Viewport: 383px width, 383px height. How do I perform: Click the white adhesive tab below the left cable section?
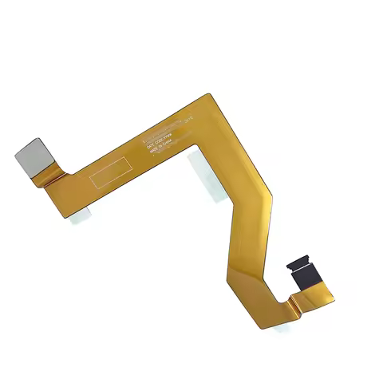(x=80, y=214)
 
